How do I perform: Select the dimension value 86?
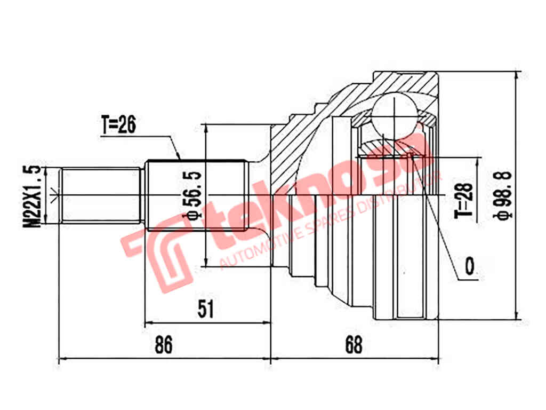point(163,345)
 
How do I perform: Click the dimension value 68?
point(352,345)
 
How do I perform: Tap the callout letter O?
point(470,265)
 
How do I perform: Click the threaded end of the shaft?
point(101,195)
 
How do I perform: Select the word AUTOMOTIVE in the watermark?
point(261,243)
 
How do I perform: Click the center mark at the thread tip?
point(53,195)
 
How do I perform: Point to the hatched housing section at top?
point(405,83)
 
